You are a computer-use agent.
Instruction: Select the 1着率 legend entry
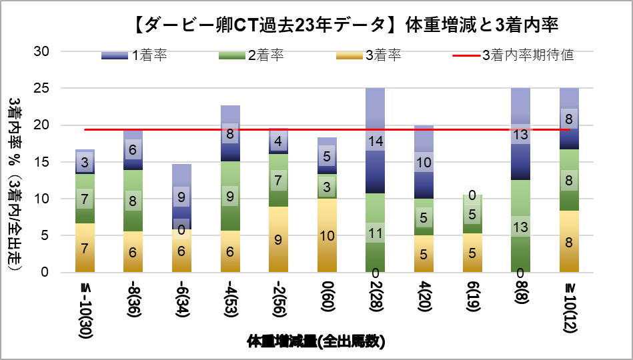(x=133, y=55)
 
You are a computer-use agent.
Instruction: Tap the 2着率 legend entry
(x=251, y=55)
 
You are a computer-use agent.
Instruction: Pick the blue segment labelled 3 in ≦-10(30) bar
(x=85, y=161)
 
